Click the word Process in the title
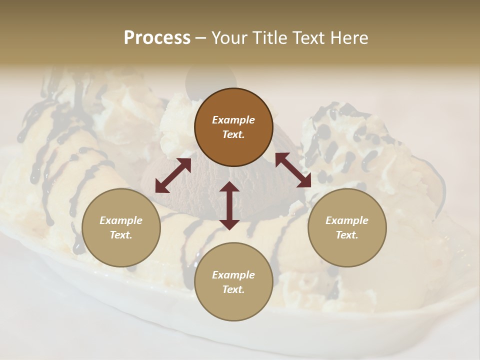click(x=157, y=37)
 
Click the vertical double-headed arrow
click(x=229, y=205)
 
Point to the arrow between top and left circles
click(x=173, y=175)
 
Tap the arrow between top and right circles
click(x=293, y=170)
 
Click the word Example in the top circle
click(x=233, y=120)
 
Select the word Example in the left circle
click(x=121, y=220)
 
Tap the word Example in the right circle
click(x=347, y=220)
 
